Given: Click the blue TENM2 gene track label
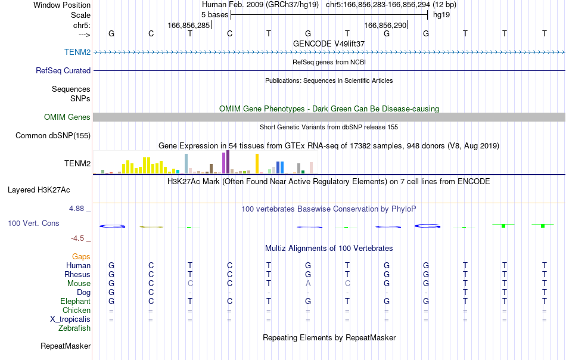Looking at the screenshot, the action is (x=77, y=52).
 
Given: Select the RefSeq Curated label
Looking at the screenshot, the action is (x=63, y=70).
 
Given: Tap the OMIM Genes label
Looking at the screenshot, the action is (x=67, y=117).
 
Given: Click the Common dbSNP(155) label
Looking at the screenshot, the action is (x=52, y=135).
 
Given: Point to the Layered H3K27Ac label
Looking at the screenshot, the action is (x=39, y=190).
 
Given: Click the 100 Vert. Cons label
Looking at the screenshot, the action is (x=33, y=223).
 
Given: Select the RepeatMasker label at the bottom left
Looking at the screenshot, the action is (x=66, y=346).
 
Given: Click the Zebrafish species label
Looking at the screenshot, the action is (x=74, y=328).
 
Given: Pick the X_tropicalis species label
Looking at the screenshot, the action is (x=70, y=319).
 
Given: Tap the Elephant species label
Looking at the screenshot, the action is (x=75, y=301).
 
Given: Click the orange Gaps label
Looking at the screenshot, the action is (x=81, y=256).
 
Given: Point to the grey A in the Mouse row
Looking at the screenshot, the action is (x=308, y=284).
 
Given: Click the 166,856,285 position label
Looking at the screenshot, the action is (x=188, y=25).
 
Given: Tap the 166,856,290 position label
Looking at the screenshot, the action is (x=385, y=25).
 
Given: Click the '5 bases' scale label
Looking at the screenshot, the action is (x=214, y=15).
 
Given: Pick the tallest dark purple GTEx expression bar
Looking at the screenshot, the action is (x=228, y=162).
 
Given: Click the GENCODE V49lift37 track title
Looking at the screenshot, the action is (x=329, y=44).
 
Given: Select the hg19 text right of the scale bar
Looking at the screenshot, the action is (x=441, y=15).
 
